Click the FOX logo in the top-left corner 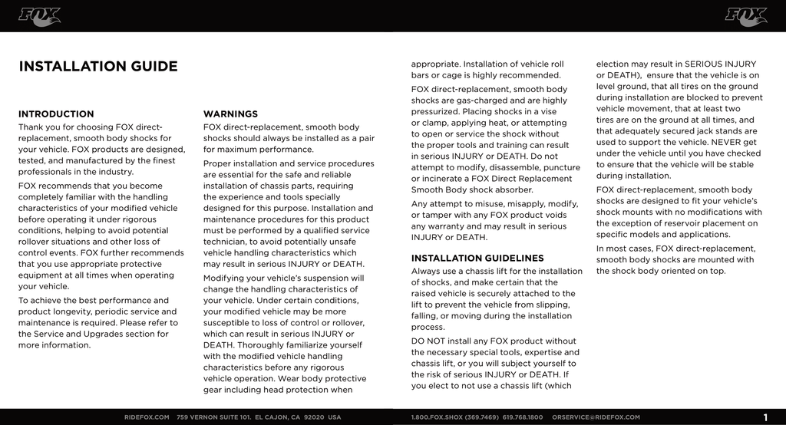pos(40,16)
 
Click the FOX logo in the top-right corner pos(745,16)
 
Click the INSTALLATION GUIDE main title pos(97,67)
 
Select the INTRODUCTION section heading pos(56,114)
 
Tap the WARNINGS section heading pos(230,114)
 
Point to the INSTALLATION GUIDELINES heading pos(477,259)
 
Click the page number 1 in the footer pos(765,417)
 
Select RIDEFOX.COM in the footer pos(147,417)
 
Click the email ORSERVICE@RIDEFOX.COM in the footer pos(596,417)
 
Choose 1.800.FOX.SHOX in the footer pos(440,417)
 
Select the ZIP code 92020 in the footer pos(315,417)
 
